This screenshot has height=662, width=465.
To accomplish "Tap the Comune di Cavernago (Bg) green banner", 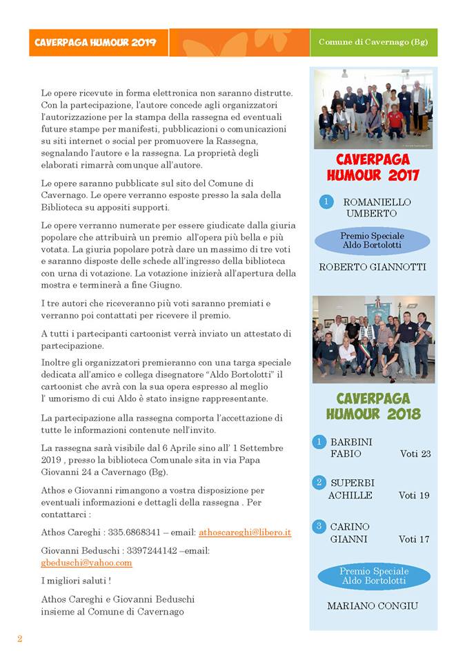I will click(373, 42).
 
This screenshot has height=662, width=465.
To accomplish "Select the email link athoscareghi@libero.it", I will click(245, 532).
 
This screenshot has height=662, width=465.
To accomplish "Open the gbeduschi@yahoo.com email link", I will click(86, 562).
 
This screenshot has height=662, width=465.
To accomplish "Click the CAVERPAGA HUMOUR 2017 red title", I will click(373, 167).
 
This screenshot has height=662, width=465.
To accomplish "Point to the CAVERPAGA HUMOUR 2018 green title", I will click(373, 406).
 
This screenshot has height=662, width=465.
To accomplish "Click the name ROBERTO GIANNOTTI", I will click(373, 267).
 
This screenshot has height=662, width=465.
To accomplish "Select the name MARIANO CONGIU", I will click(373, 606).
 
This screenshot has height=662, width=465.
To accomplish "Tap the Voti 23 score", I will click(415, 454).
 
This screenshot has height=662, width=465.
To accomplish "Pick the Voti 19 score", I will click(414, 495).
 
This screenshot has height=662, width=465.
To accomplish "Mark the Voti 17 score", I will click(414, 539).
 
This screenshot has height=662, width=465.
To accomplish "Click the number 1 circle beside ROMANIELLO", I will click(326, 202).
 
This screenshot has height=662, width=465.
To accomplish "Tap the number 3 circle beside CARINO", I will click(319, 526).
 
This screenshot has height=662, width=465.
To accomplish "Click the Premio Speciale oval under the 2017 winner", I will click(373, 241).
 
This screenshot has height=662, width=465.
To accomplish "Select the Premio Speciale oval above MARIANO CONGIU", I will click(373, 576).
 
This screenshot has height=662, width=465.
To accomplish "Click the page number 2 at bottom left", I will click(20, 639).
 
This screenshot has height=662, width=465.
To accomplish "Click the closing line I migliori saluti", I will click(76, 581).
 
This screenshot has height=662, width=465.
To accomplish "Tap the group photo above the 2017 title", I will click(373, 109).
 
